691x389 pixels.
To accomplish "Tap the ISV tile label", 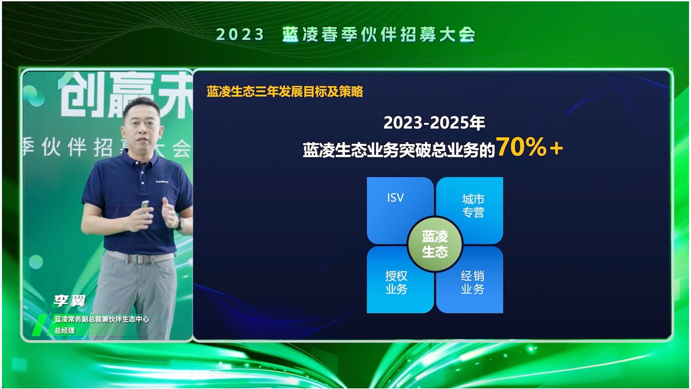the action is (x=395, y=198).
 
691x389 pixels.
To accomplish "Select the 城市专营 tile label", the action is (x=473, y=206).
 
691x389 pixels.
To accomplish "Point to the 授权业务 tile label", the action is (x=396, y=282).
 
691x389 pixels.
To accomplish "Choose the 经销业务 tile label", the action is (x=472, y=282).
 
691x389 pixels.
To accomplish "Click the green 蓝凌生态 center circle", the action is (x=435, y=244).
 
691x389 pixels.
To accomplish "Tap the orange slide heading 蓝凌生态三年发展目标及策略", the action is (x=285, y=92).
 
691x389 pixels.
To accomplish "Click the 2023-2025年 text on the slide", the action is (x=434, y=123).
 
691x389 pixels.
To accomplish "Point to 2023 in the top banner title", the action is (x=240, y=34).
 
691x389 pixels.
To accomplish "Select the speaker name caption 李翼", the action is (x=70, y=301).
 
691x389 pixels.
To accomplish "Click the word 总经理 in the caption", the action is (x=65, y=330).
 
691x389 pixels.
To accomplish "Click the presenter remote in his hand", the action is (x=144, y=208).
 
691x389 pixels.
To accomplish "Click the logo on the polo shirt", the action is (x=162, y=181).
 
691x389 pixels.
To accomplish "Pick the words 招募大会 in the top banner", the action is (x=438, y=34).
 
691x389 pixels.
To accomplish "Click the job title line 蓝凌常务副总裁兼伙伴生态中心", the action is (x=102, y=319).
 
